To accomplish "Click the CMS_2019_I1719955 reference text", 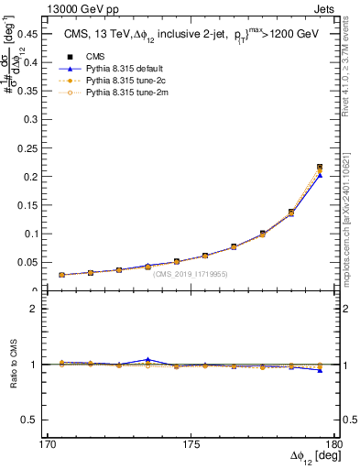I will pos(190,274).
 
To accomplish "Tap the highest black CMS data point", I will pos(320,167).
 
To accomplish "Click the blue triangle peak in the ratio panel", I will pos(147,360).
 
